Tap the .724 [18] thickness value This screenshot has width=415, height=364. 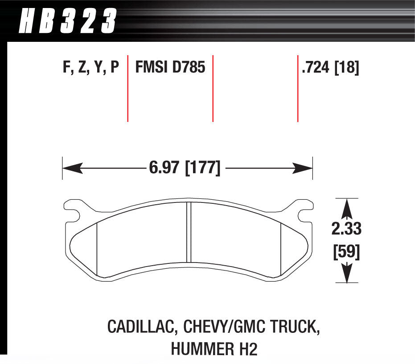pos(330,68)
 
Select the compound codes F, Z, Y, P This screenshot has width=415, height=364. pos(91,68)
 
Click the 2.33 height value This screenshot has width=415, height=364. pos(346,229)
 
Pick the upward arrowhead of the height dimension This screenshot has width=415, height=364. pos(346,207)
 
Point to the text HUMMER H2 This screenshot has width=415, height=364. pos(214,349)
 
